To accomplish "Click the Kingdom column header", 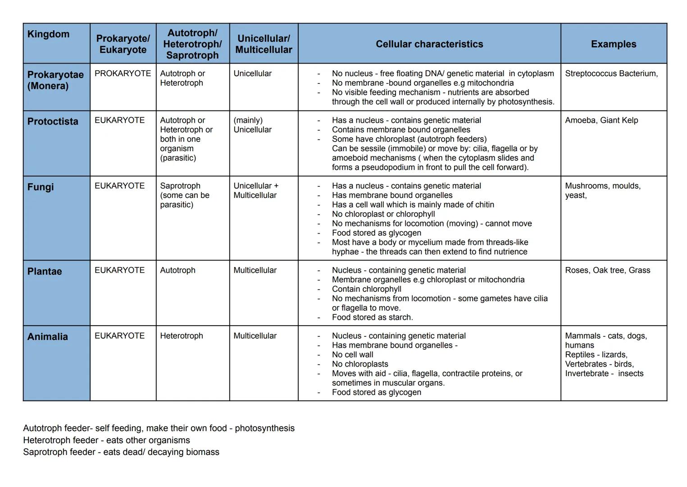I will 48,34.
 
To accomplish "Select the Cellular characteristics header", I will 429,44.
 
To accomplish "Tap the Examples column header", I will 613,44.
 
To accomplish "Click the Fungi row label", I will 41,187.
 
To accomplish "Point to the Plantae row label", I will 45,271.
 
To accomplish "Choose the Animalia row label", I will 47,337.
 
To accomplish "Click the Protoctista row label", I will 53,122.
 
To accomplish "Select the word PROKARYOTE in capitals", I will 123,74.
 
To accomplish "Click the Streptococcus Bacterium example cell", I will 611,74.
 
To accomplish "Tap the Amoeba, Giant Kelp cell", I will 601,120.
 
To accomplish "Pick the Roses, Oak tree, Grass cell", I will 607,270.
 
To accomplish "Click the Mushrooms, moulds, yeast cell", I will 602,190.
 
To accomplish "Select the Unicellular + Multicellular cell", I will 256,190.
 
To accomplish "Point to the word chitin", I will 482,205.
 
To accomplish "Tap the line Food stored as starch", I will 372,317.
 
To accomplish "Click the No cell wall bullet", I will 352,355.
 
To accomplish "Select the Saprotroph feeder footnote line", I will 121,452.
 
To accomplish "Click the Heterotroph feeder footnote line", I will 106,440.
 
